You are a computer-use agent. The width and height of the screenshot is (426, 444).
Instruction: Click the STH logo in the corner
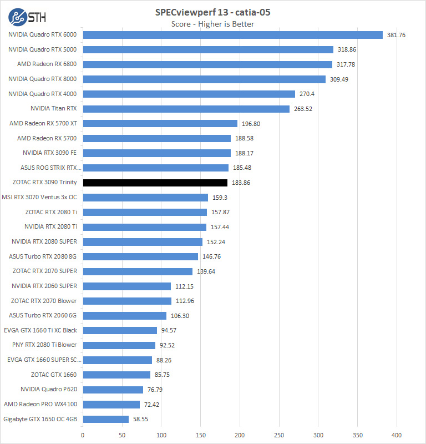[27, 17]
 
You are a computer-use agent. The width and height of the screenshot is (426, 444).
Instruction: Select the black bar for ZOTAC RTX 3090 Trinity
[155, 183]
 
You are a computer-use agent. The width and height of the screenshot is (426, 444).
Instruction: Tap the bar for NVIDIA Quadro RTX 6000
[232, 35]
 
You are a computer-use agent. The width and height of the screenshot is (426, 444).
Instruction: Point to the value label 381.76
[396, 35]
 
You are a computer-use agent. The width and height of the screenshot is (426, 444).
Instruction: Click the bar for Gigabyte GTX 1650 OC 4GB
[105, 419]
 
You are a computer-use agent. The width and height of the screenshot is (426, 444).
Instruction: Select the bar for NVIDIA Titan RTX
[186, 109]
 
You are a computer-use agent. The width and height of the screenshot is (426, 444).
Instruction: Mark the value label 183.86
[241, 183]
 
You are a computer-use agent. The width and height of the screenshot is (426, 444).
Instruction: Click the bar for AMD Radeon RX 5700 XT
[160, 124]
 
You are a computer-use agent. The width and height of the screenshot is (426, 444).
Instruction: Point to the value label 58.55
[140, 419]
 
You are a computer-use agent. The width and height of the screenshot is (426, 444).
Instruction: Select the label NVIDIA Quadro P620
[49, 390]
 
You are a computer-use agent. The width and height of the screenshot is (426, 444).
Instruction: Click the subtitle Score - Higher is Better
[212, 24]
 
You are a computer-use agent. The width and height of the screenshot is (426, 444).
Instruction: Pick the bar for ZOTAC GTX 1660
[116, 375]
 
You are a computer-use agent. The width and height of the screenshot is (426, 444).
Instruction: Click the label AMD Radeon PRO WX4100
[40, 404]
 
